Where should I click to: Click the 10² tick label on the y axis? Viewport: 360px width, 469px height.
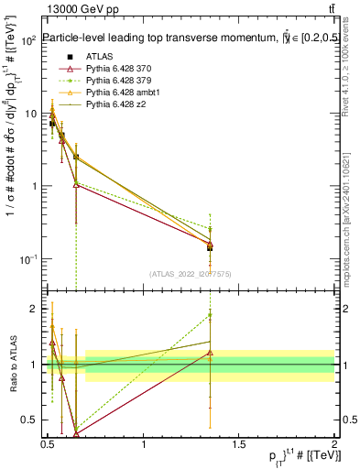click(27, 41)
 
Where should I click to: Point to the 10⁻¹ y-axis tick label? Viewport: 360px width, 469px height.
click(27, 259)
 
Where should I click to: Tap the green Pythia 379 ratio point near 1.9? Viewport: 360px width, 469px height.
click(210, 315)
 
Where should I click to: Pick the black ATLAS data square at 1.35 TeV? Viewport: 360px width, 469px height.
click(210, 247)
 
